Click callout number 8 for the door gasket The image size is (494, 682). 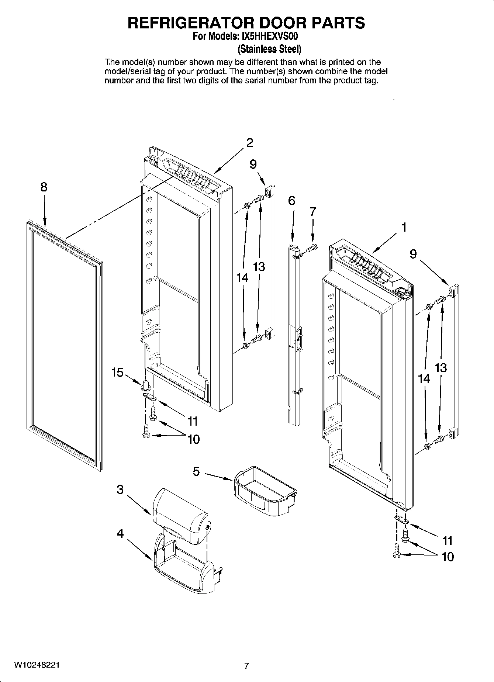click(44, 187)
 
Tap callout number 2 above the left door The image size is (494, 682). click(250, 142)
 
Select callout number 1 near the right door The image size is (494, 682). click(404, 227)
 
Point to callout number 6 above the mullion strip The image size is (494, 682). click(291, 201)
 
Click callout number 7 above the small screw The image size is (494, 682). click(312, 211)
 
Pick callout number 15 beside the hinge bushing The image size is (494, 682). click(117, 373)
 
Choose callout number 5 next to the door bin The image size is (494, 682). click(196, 471)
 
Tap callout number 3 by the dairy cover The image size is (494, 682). click(120, 489)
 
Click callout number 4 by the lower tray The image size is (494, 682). click(120, 533)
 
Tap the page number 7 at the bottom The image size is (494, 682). click(246, 666)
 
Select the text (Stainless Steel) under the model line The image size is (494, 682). click(269, 49)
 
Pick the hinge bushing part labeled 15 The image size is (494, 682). click(145, 385)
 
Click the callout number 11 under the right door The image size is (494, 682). click(447, 541)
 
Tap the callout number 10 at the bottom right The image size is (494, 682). click(447, 557)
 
